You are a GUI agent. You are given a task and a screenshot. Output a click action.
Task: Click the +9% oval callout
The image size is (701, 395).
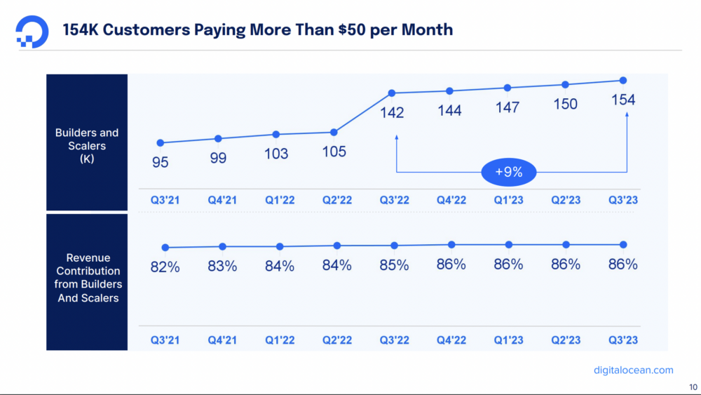tap(508, 172)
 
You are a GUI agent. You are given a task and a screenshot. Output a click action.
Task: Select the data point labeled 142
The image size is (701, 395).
tap(392, 93)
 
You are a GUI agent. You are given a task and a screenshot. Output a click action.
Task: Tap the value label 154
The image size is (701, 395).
tap(623, 100)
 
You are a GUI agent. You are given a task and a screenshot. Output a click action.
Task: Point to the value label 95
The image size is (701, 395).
tap(160, 163)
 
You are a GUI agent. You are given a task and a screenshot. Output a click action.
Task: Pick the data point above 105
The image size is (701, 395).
tap(334, 132)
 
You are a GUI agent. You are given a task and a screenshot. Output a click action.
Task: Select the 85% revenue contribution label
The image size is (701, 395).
tap(394, 265)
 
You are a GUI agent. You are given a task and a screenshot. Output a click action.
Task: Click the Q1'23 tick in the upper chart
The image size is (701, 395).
tap(508, 200)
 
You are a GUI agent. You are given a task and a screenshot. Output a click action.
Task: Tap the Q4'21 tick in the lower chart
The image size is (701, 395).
tap(222, 340)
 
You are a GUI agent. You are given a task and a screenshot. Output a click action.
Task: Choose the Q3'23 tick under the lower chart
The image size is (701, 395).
tap(623, 340)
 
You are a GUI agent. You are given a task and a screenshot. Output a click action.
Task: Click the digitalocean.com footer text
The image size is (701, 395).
tap(633, 370)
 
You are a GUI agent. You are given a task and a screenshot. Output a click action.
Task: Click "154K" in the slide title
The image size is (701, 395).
tap(82, 29)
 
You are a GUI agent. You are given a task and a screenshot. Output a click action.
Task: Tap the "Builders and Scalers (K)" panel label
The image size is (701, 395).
tap(87, 146)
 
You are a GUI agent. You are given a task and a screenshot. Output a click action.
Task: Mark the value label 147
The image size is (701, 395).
tap(508, 107)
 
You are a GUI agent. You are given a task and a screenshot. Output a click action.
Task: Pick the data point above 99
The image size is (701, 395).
tap(218, 138)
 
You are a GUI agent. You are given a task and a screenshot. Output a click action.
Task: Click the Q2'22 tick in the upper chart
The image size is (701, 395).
tap(337, 200)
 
